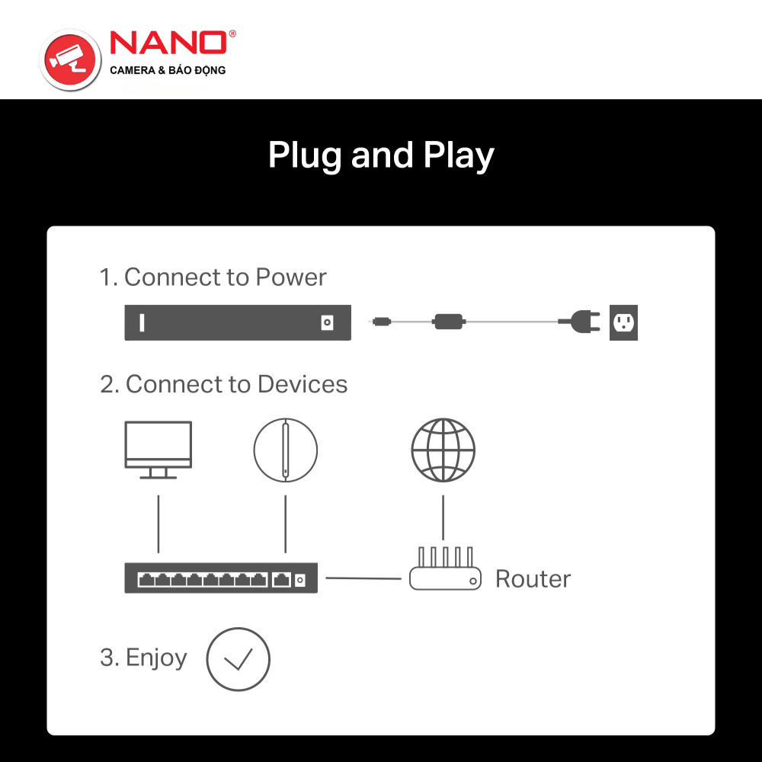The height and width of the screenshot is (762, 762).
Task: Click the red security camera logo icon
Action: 70,59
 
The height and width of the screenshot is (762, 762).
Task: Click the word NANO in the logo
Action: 168,43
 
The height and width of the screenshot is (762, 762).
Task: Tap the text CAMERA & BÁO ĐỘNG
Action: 168,71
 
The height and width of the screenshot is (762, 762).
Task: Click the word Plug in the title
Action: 306,156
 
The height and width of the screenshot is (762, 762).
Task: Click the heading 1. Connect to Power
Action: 213,277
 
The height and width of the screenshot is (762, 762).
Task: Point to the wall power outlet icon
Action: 624,322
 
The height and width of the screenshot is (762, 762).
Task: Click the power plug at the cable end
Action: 577,322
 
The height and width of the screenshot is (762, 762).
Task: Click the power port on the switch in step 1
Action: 327,323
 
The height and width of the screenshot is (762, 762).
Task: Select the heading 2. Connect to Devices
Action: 223,384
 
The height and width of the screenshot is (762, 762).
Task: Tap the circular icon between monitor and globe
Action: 285,450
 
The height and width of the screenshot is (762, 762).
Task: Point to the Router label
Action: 533,579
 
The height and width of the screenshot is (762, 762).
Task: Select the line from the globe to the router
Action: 443,517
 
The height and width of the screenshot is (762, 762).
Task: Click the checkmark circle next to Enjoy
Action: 238,659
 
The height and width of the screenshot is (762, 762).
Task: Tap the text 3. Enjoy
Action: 143,657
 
